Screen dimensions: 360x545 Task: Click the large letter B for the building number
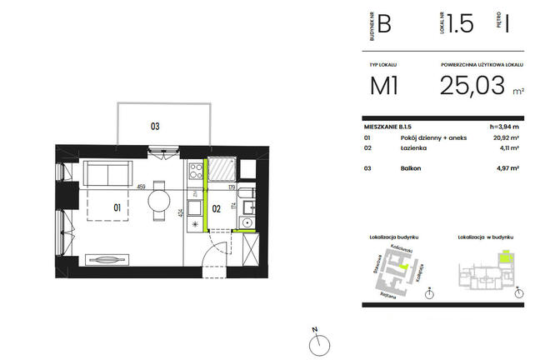(384, 24)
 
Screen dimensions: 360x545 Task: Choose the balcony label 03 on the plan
(155, 127)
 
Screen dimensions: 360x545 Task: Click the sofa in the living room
(106, 174)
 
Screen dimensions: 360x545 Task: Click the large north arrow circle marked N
(316, 342)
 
